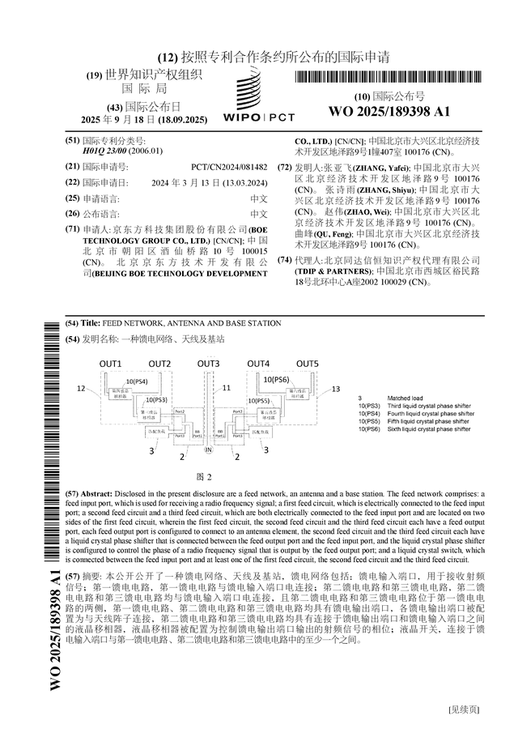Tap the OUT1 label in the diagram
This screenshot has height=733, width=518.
point(111,364)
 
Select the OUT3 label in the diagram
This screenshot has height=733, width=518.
point(209,364)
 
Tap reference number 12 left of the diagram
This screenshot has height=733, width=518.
point(82,390)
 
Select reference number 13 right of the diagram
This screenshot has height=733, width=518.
point(335,390)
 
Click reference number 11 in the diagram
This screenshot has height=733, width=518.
point(227,389)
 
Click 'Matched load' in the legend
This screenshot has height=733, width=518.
point(405,398)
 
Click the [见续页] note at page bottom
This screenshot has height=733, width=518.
point(465,710)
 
